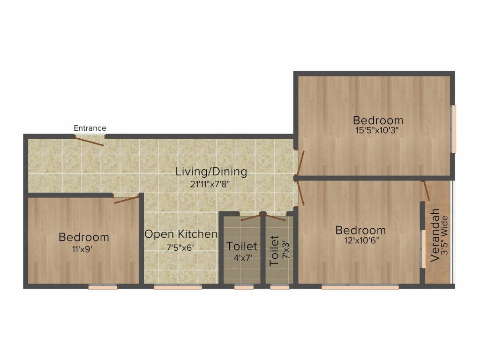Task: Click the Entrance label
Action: point(90,128)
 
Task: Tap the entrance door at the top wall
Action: point(90,140)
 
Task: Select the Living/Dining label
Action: point(211,172)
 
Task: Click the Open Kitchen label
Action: point(180,234)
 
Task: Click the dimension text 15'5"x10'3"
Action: point(378,131)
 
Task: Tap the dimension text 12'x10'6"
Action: point(360,241)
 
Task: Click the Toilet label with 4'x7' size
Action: point(242,246)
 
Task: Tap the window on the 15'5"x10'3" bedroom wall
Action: point(453,128)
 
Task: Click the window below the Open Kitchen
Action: point(178,287)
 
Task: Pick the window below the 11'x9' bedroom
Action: point(103,287)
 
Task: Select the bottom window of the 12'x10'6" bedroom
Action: point(360,287)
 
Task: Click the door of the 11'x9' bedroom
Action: point(127,199)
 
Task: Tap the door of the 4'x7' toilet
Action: point(250,217)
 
